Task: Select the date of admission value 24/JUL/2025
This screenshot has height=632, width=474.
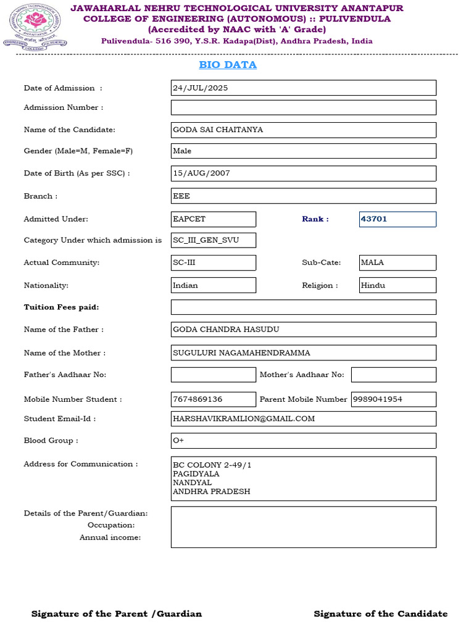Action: coord(201,88)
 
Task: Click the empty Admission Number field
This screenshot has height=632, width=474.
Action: coord(303,107)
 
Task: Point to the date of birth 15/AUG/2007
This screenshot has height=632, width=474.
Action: coord(202,173)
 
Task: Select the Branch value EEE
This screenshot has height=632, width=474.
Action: coord(182,196)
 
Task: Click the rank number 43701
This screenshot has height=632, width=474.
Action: coord(374,219)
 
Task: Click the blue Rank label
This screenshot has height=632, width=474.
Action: coord(315,219)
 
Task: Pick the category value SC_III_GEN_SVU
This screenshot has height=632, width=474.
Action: coord(206,240)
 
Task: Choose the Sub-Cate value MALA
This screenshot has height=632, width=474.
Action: coord(372,262)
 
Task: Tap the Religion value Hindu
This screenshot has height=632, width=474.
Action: coord(373,286)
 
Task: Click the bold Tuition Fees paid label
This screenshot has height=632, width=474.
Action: coord(61,307)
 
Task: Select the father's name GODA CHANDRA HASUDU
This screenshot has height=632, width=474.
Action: coord(226,330)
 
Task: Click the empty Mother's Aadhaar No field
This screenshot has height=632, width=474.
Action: coord(393,375)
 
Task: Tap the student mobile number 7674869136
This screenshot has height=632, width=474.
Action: coord(198,399)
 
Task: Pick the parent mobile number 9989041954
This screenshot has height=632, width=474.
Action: coord(378,399)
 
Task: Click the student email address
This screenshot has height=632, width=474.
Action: coord(244,418)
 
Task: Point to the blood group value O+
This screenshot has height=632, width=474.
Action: coord(178,441)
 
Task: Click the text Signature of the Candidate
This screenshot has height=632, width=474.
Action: coord(380,613)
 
